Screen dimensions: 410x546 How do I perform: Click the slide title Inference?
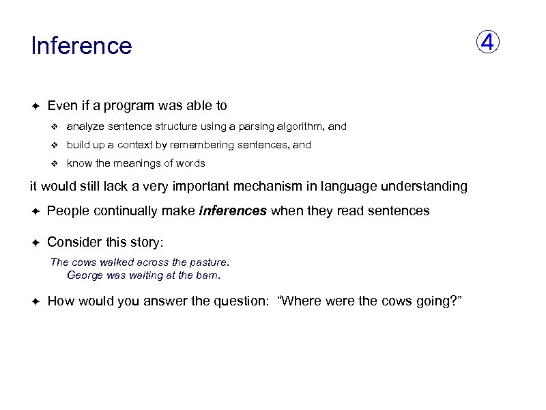81,46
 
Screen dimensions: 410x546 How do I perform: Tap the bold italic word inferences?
233,210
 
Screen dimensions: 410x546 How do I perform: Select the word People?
68,210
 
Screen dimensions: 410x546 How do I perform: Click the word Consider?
74,243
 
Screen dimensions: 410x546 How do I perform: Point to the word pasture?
210,262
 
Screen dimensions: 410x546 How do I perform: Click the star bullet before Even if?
35,106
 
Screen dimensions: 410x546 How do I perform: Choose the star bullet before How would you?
35,301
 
